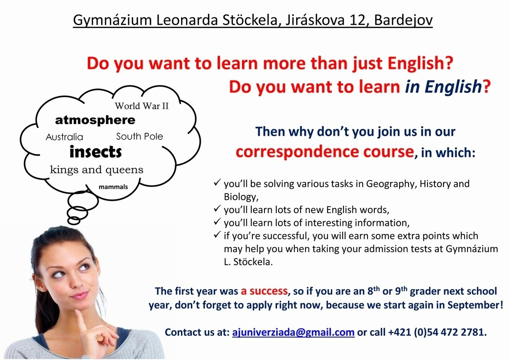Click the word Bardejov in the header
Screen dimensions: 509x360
(404, 20)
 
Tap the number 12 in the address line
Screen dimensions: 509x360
(357, 20)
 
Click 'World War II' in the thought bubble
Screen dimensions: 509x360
(142, 106)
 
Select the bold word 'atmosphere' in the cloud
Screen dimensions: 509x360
(95, 120)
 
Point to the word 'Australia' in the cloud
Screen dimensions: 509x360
(64, 137)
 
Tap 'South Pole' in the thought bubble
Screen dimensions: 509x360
(140, 136)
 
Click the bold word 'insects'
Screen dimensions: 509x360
(96, 152)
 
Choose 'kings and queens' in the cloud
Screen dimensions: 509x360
(97, 169)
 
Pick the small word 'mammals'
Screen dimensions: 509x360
(113, 187)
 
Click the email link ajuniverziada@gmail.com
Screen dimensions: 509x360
(293, 332)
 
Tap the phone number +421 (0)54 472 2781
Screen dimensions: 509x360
(437, 332)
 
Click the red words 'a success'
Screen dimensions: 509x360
(264, 291)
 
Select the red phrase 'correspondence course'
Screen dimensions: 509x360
(325, 152)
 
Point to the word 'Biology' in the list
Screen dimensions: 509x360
(241, 197)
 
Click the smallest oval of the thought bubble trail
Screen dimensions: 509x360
(74, 221)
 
